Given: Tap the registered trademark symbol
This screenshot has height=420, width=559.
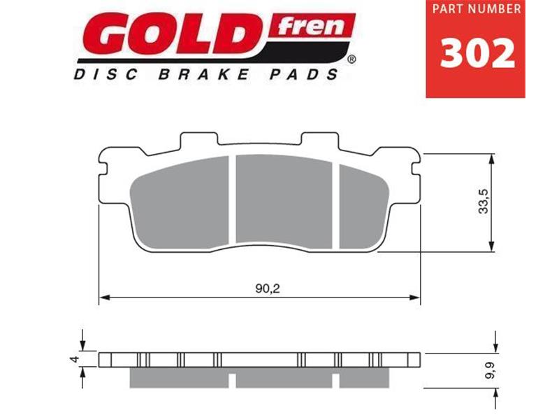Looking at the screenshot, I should pyautogui.click(x=351, y=62).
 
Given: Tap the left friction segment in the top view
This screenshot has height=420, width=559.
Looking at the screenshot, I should pyautogui.click(x=182, y=203).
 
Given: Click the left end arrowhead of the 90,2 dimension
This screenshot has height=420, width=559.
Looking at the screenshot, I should pyautogui.click(x=103, y=298).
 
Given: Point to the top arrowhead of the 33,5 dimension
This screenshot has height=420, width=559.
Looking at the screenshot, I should pyautogui.click(x=494, y=157).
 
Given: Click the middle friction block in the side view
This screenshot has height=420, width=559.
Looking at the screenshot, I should pyautogui.click(x=284, y=378).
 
